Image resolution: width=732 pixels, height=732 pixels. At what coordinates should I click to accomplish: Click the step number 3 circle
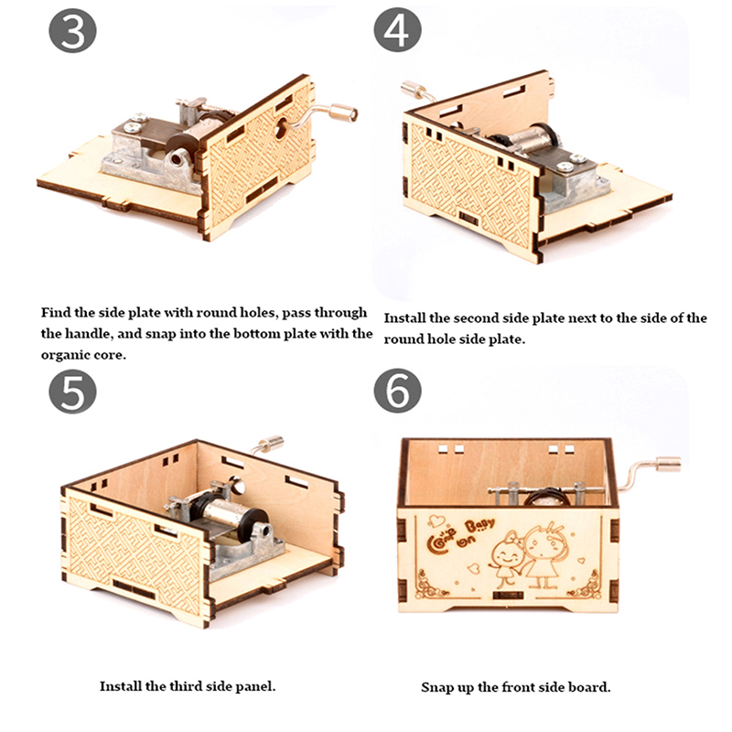(72, 31)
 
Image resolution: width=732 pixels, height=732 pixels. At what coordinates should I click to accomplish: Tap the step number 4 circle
(397, 30)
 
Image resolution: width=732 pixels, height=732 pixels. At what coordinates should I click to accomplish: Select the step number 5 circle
(72, 392)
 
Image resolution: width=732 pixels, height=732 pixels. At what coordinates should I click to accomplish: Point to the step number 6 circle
(397, 391)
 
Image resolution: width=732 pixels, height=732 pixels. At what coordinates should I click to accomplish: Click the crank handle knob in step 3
(344, 113)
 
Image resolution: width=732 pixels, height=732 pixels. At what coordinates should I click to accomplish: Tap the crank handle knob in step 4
(413, 89)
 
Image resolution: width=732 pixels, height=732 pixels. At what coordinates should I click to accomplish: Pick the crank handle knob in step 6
(669, 464)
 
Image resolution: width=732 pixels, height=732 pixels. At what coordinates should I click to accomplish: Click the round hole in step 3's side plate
(281, 128)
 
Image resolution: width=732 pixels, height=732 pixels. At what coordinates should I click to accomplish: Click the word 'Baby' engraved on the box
(479, 526)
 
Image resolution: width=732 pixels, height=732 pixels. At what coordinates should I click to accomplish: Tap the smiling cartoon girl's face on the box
(505, 554)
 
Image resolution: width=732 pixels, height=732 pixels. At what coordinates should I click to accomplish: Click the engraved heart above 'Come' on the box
(436, 520)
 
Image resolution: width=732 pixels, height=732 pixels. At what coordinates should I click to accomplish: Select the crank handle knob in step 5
(272, 443)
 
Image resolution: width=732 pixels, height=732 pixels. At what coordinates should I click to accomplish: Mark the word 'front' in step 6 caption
(518, 688)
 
